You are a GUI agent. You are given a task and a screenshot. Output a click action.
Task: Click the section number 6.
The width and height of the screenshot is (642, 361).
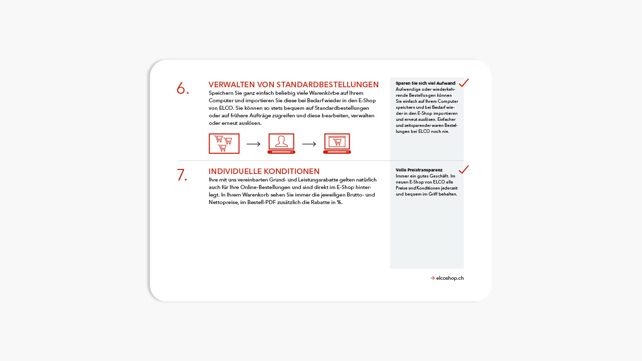point(183,89)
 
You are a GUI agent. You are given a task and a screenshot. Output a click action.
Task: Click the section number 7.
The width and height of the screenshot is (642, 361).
point(182,175)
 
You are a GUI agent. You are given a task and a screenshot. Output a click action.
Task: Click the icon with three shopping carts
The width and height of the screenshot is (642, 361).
point(224,144)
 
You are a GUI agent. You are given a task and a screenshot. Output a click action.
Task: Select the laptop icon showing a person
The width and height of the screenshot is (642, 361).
point(281,143)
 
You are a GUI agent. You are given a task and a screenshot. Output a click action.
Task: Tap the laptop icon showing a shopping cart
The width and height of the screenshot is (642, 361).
point(337,143)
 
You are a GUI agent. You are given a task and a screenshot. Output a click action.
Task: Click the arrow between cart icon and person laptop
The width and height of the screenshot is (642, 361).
point(253,144)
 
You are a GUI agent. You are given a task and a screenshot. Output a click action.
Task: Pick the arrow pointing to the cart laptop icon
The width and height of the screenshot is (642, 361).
point(309,144)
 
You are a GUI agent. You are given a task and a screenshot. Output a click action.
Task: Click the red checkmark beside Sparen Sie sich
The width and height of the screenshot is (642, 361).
point(463,83)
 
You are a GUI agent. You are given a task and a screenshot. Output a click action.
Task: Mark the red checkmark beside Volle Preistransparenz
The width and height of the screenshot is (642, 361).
point(463,169)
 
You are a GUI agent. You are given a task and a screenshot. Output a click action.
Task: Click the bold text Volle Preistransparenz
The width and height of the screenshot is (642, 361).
point(419,170)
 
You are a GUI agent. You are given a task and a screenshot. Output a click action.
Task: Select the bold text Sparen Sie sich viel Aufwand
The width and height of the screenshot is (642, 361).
point(425,83)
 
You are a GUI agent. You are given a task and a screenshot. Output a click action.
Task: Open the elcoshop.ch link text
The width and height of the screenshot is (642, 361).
point(450,278)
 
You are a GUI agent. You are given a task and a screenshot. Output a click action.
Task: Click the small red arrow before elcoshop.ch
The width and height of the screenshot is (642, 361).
point(432,278)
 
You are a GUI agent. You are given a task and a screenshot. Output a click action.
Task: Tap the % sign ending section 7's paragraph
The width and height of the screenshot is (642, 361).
point(340,202)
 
